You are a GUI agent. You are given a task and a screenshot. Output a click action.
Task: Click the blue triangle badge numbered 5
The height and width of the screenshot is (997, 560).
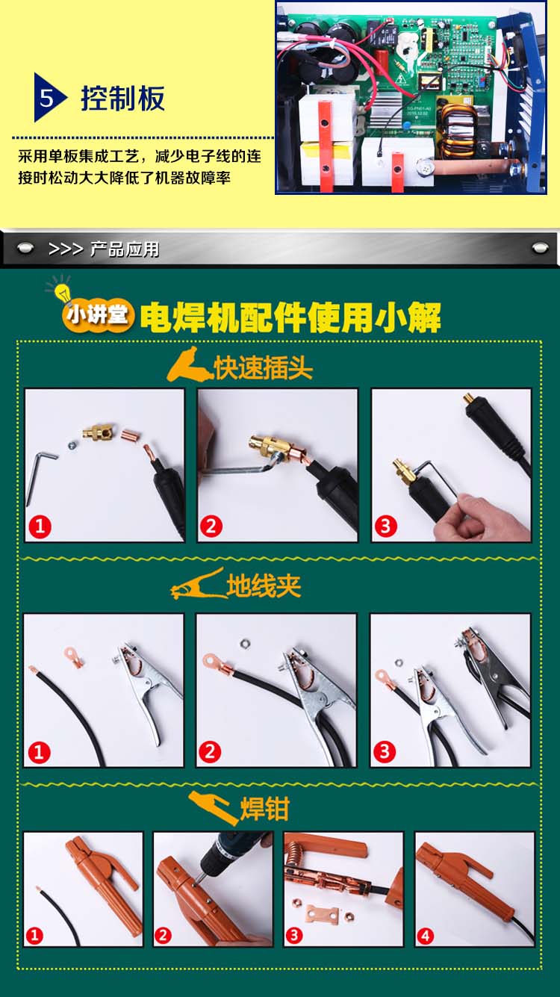[x=48, y=98]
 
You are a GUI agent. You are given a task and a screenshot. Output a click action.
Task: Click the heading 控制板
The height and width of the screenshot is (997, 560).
[x=123, y=98]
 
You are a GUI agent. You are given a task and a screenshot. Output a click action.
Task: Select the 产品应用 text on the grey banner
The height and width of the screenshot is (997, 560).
[x=125, y=249]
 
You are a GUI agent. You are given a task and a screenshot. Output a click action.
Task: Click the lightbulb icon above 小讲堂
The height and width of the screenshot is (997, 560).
[x=62, y=291]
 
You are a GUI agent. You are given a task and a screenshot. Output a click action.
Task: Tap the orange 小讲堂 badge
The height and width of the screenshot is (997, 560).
[x=98, y=317]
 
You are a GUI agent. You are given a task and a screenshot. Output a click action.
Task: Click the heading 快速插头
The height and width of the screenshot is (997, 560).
[x=263, y=367]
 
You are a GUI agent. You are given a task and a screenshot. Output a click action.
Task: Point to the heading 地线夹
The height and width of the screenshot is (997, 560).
[x=264, y=586]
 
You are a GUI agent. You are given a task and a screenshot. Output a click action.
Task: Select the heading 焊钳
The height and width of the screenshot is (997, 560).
[x=265, y=808]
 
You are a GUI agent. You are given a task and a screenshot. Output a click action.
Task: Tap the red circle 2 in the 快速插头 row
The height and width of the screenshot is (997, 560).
[x=211, y=527]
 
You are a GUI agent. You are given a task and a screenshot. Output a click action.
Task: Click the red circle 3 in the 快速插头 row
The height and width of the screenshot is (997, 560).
[x=385, y=527]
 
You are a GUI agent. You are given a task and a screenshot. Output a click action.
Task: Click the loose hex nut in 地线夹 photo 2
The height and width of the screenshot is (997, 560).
[x=244, y=643]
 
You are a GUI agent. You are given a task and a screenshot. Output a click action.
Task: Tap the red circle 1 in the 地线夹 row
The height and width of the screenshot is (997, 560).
[x=39, y=752]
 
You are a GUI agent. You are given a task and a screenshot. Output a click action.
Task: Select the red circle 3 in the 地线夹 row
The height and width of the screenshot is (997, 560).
[x=385, y=752]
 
